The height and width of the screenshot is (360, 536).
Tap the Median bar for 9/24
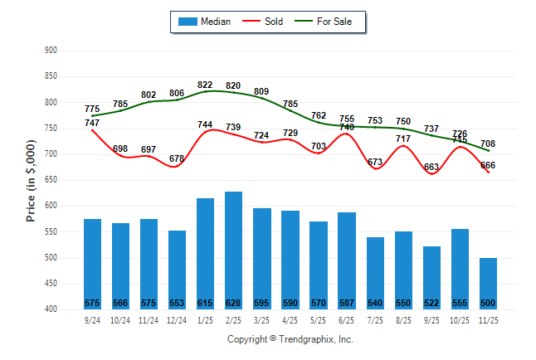pos(92,257)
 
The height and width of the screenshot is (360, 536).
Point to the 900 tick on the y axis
pos(51,51)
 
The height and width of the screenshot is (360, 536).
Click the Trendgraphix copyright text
pos(290,339)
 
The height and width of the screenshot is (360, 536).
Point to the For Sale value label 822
pos(205,85)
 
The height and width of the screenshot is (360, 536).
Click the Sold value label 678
pos(177,158)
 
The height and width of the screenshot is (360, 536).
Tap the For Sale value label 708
pos(488,144)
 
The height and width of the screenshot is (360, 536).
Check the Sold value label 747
pos(92,123)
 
